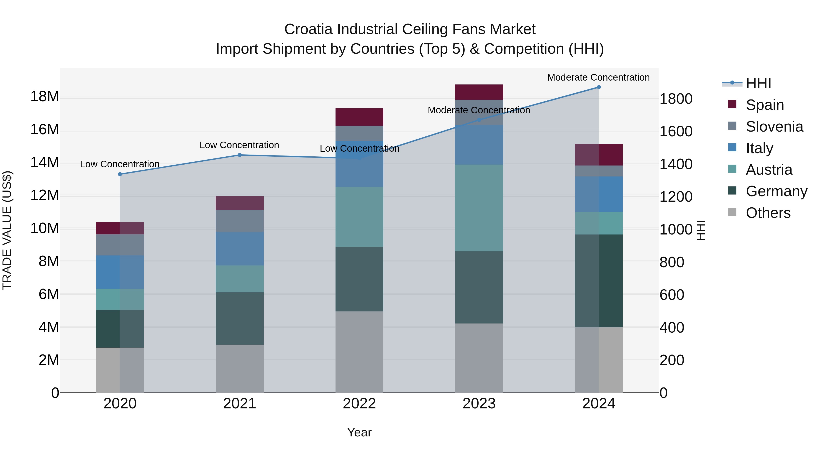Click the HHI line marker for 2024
click(598, 87)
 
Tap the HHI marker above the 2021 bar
click(240, 155)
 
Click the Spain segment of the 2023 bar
click(479, 92)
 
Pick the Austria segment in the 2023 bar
click(479, 208)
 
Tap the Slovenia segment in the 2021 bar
click(240, 221)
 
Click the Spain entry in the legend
click(765, 105)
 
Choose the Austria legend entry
click(769, 170)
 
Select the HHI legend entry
click(758, 83)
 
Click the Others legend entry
click(768, 213)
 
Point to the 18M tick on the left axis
click(45, 96)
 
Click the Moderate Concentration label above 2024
click(598, 77)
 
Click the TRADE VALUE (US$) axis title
click(7, 230)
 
